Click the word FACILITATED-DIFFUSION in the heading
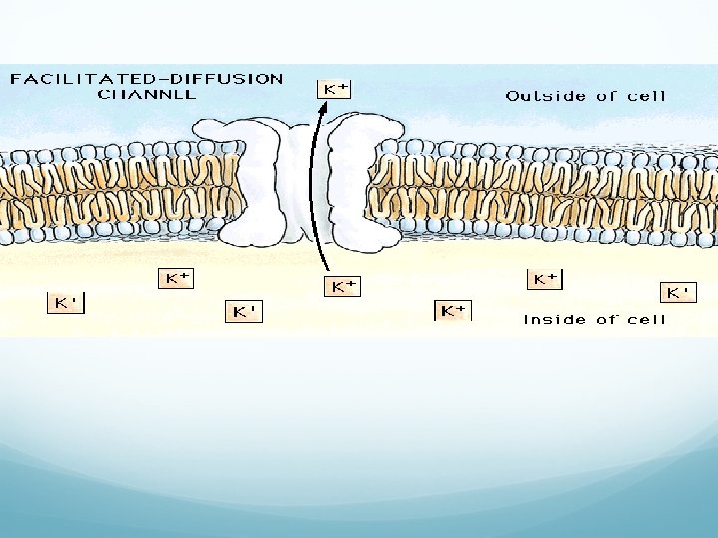pos(146,78)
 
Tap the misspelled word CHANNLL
pos(147,94)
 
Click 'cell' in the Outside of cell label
pos(646,96)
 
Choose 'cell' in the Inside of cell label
pos(646,319)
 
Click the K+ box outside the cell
pos(333,88)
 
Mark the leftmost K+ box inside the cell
pos(66,302)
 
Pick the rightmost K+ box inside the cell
pos(677,292)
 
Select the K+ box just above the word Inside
pos(544,279)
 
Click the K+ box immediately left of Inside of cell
pos(452,310)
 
